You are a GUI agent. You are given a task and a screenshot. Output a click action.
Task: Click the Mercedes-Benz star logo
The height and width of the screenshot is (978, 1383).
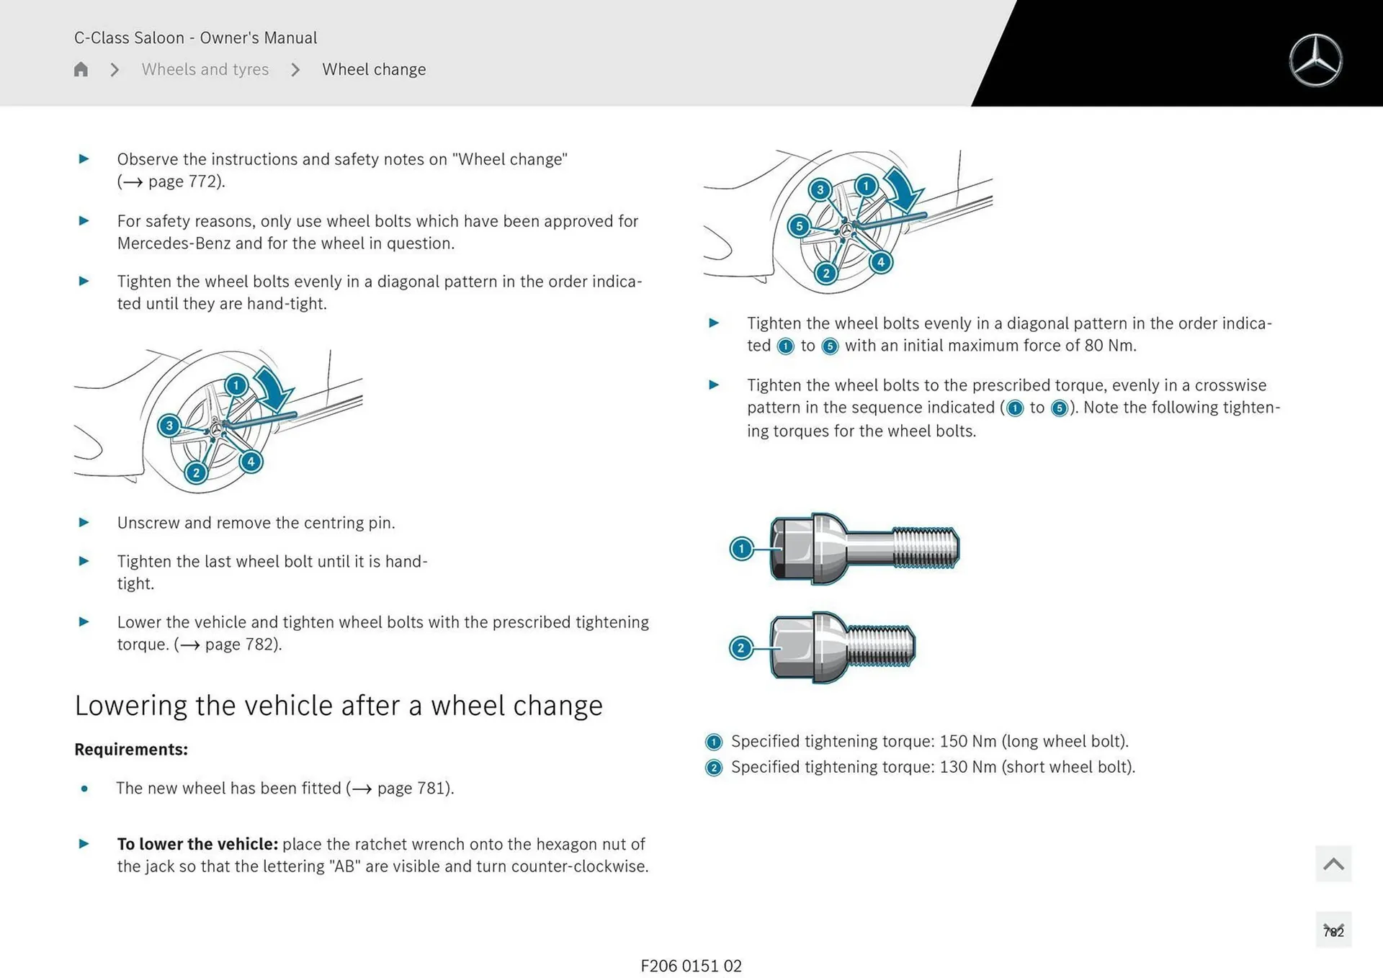[x=1315, y=60]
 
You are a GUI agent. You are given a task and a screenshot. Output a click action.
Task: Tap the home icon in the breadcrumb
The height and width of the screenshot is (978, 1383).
[x=81, y=69]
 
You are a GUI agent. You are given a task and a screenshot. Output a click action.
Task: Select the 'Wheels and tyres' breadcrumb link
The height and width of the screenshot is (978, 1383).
[x=205, y=69]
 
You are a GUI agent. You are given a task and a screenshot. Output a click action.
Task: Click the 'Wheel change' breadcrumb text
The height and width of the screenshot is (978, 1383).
[x=374, y=69]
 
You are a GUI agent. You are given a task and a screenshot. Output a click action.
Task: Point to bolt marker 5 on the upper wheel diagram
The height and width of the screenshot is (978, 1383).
[x=799, y=226]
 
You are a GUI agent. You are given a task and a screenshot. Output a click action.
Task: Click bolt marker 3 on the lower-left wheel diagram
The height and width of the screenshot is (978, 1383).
[x=169, y=426]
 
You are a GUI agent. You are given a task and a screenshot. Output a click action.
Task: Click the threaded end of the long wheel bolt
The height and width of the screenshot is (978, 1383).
[x=926, y=547]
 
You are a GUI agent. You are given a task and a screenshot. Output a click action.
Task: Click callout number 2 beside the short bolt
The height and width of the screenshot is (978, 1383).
[x=740, y=647]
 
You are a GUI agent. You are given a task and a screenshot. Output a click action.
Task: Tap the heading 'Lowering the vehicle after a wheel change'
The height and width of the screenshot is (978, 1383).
[x=339, y=705]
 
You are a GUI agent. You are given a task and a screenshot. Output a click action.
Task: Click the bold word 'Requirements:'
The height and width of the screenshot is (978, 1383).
[x=131, y=749]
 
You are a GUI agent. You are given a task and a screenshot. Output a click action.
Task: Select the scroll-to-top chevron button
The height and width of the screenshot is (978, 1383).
[x=1333, y=863]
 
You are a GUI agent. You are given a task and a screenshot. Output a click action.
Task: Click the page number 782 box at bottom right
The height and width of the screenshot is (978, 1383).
[x=1333, y=930]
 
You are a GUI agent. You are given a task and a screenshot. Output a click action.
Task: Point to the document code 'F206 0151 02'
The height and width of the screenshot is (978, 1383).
[x=691, y=966]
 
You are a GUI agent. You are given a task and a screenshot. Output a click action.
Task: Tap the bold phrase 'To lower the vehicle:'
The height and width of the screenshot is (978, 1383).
[x=197, y=844]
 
